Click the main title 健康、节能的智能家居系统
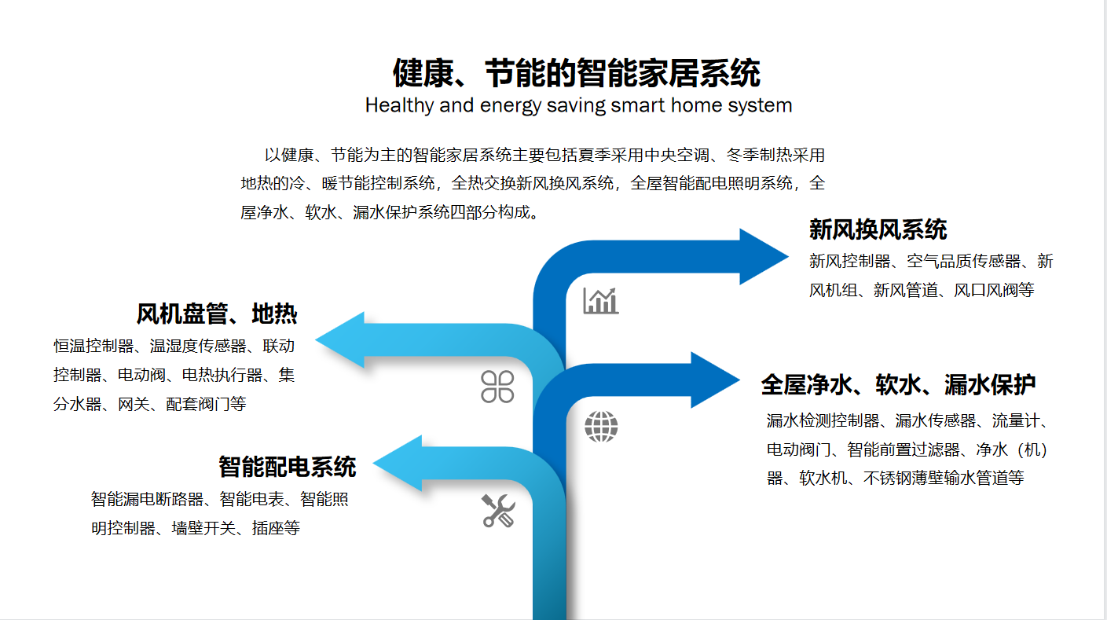[576, 73]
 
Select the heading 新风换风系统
[878, 229]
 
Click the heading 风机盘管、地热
[217, 314]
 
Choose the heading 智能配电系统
[287, 467]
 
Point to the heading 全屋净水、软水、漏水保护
[898, 385]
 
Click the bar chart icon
[600, 300]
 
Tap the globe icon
[601, 426]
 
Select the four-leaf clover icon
[497, 386]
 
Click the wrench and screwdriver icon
[498, 510]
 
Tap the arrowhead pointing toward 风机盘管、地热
[340, 339]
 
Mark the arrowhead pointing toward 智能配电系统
[398, 464]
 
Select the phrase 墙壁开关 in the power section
[203, 528]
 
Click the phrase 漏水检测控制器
[823, 420]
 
